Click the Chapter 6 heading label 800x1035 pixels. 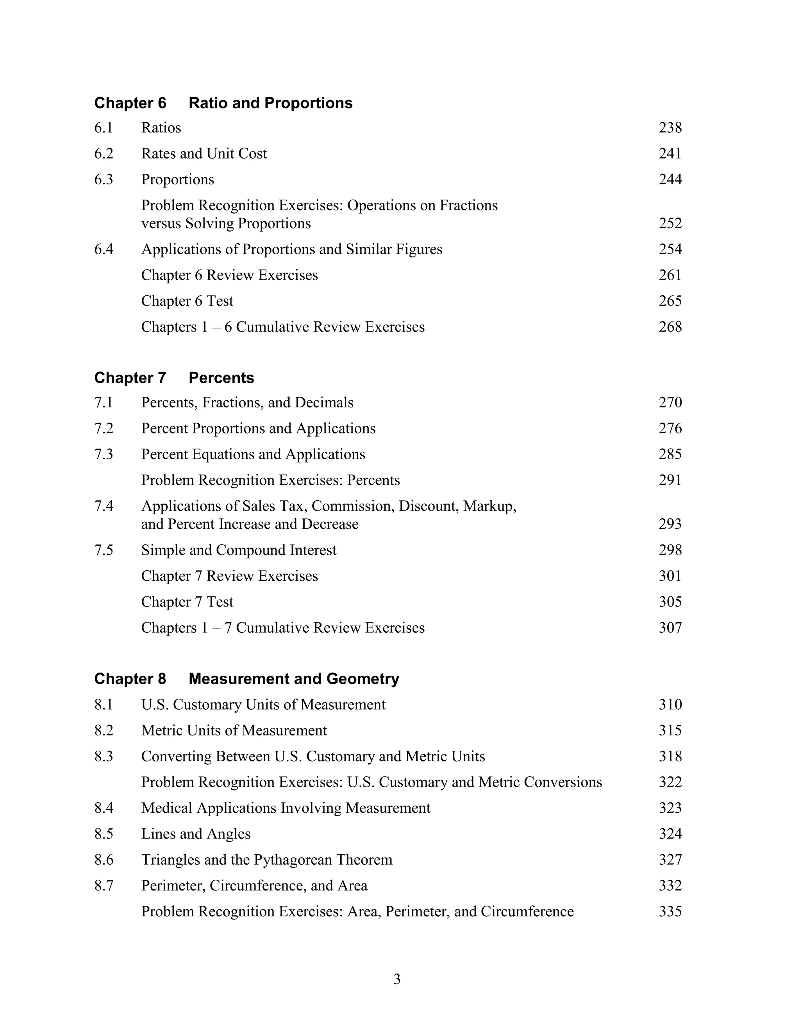(130, 103)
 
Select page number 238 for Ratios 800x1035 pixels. (670, 128)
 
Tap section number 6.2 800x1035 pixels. (104, 153)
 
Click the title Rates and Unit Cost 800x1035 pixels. (204, 153)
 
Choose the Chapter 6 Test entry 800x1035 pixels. (187, 302)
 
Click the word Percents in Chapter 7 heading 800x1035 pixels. (221, 378)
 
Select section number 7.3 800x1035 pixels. (104, 455)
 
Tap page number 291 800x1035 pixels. (670, 480)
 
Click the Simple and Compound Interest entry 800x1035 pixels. (239, 550)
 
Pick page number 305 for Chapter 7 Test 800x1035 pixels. (670, 602)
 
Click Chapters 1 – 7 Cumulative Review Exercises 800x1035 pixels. (283, 628)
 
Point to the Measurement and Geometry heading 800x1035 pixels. (294, 679)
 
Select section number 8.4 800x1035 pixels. (104, 808)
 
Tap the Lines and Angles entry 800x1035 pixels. (196, 834)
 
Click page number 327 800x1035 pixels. (670, 860)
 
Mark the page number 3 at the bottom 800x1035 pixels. (397, 980)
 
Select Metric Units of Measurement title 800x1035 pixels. (234, 731)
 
